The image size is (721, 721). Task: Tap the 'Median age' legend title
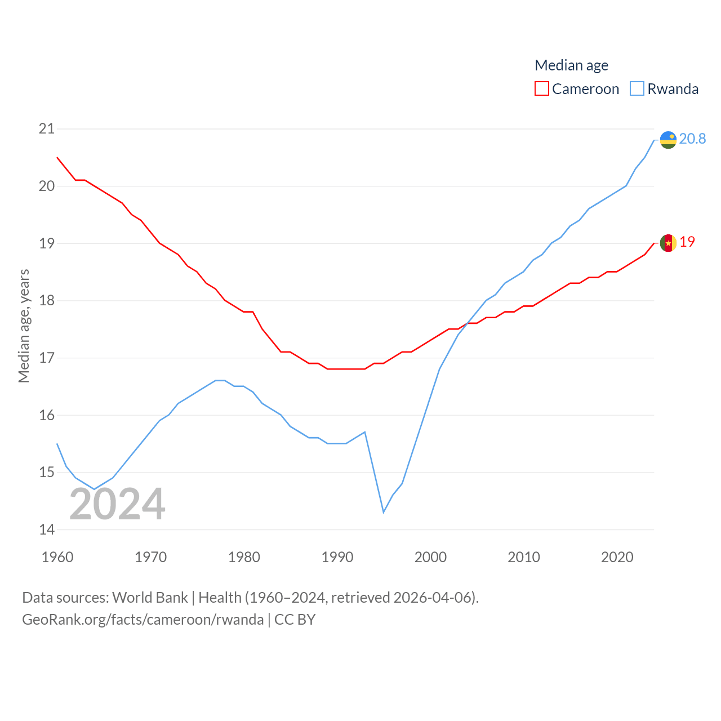click(571, 65)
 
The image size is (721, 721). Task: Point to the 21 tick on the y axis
click(47, 129)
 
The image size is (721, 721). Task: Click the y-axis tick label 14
click(47, 529)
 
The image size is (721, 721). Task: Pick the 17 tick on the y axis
click(47, 358)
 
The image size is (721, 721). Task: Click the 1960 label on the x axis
click(57, 557)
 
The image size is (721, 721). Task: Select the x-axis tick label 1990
click(337, 557)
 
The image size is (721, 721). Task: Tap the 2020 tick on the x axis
click(617, 557)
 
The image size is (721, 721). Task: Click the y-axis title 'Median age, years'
click(24, 326)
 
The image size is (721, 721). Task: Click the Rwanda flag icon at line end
click(668, 140)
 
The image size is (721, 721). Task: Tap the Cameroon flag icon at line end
click(668, 243)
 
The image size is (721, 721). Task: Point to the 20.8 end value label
click(692, 139)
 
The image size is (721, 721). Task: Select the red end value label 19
click(687, 242)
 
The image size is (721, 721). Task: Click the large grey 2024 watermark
click(117, 504)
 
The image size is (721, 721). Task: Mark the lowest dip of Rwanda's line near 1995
click(384, 512)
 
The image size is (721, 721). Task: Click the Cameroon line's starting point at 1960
click(57, 158)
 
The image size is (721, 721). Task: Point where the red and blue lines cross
click(467, 324)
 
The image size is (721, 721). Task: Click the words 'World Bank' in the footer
click(150, 598)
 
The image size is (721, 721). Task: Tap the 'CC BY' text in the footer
click(295, 620)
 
